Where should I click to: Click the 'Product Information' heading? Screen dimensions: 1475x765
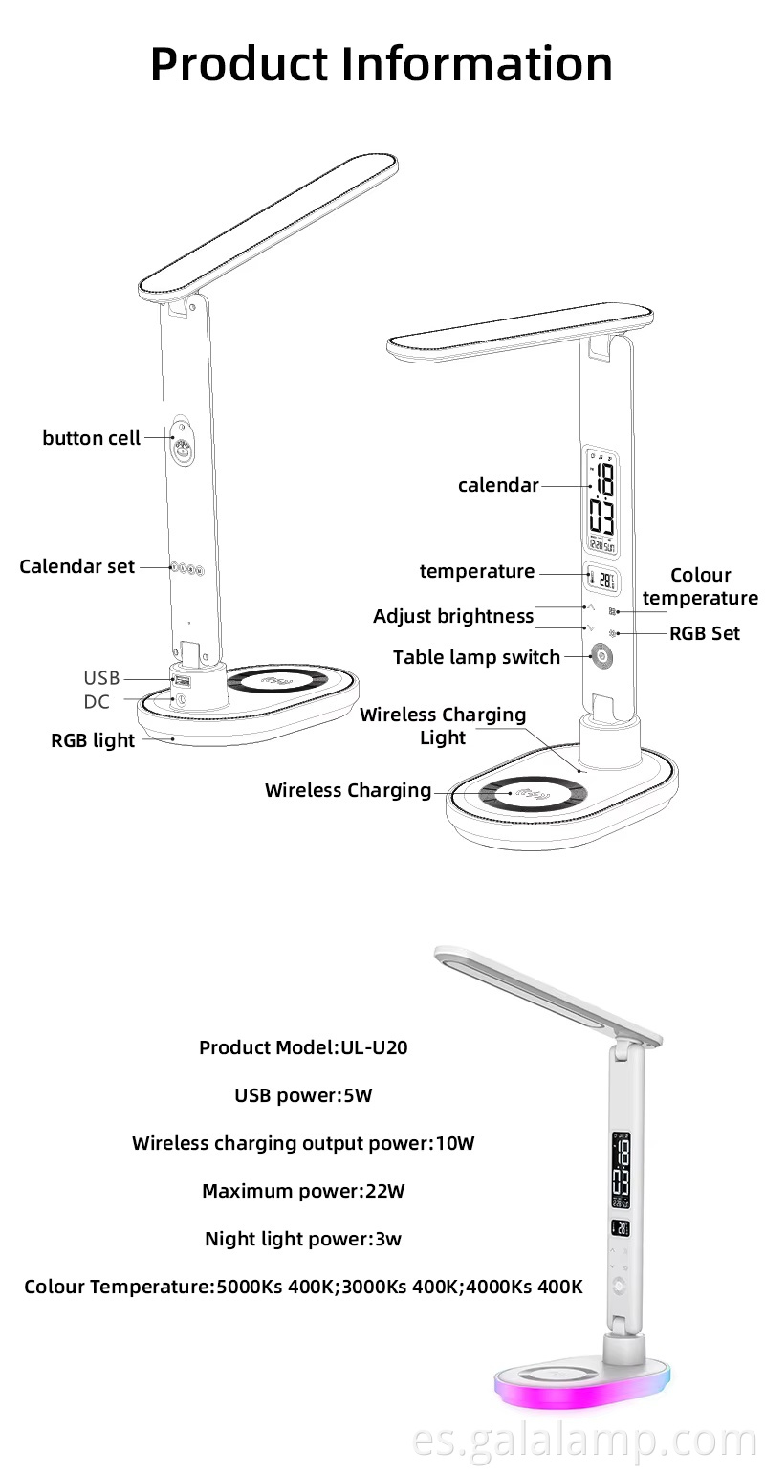[382, 63]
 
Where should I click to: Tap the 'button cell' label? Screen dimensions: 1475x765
[92, 438]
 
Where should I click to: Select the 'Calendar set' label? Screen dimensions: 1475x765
[77, 566]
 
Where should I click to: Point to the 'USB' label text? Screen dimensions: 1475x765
[101, 678]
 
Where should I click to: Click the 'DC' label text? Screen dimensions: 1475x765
[97, 702]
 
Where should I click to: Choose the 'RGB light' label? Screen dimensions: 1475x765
[93, 740]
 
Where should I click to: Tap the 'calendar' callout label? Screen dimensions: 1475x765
[498, 485]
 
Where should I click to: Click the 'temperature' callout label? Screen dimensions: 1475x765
[477, 571]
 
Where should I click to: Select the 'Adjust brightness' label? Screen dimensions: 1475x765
[453, 616]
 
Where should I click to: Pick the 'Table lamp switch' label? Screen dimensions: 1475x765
[476, 657]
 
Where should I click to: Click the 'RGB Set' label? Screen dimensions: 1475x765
[705, 633]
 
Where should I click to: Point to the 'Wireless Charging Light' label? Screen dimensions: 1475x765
[443, 726]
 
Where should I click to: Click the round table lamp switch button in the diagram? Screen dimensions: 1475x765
[602, 657]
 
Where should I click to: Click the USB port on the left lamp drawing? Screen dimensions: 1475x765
[180, 681]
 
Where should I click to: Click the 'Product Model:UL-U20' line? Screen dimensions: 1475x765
[303, 1047]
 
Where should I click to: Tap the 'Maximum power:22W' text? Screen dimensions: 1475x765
[303, 1191]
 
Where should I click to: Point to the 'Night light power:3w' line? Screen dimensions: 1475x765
[303, 1239]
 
